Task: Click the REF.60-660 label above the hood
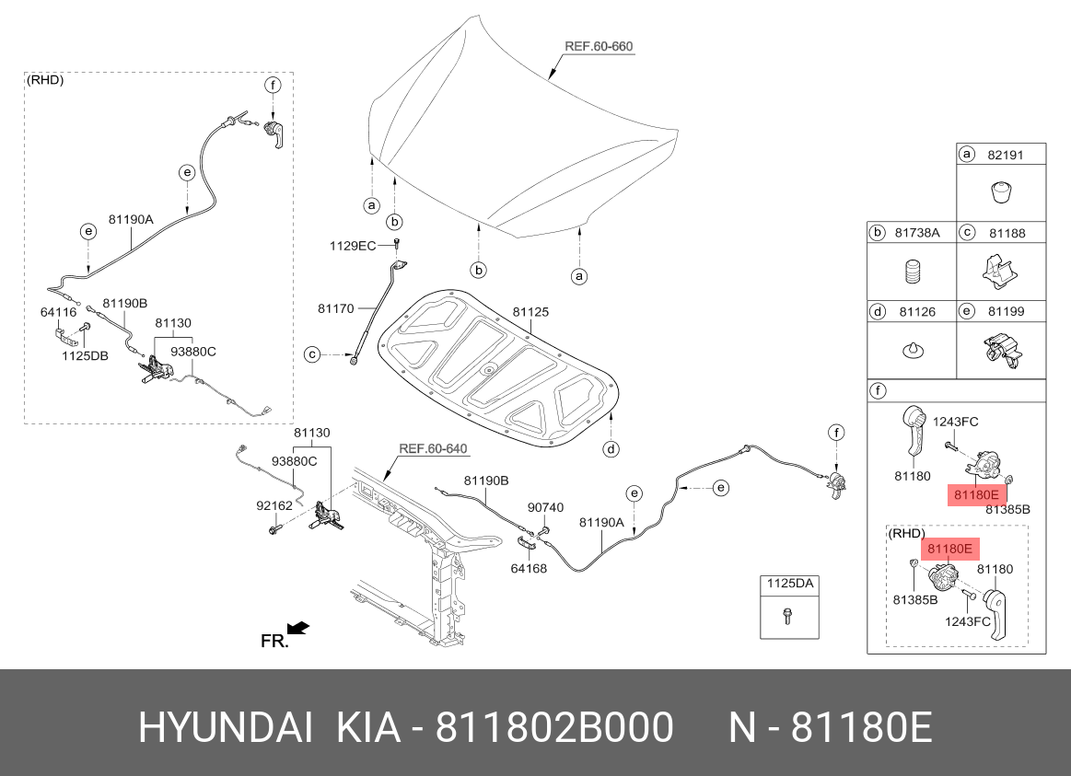(x=599, y=46)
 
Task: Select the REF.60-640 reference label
(x=433, y=448)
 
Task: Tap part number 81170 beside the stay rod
(x=336, y=308)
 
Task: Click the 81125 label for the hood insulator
(x=530, y=312)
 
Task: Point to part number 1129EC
(x=353, y=246)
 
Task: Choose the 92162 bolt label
(x=274, y=505)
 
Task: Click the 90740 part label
(x=546, y=507)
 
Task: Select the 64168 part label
(x=529, y=568)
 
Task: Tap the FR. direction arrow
(x=298, y=627)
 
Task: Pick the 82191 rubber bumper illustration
(x=1001, y=192)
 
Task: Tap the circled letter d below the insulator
(x=611, y=448)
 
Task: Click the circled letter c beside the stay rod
(x=311, y=355)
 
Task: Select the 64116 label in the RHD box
(x=59, y=312)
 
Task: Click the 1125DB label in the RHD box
(x=86, y=355)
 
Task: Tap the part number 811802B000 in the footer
(x=554, y=727)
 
